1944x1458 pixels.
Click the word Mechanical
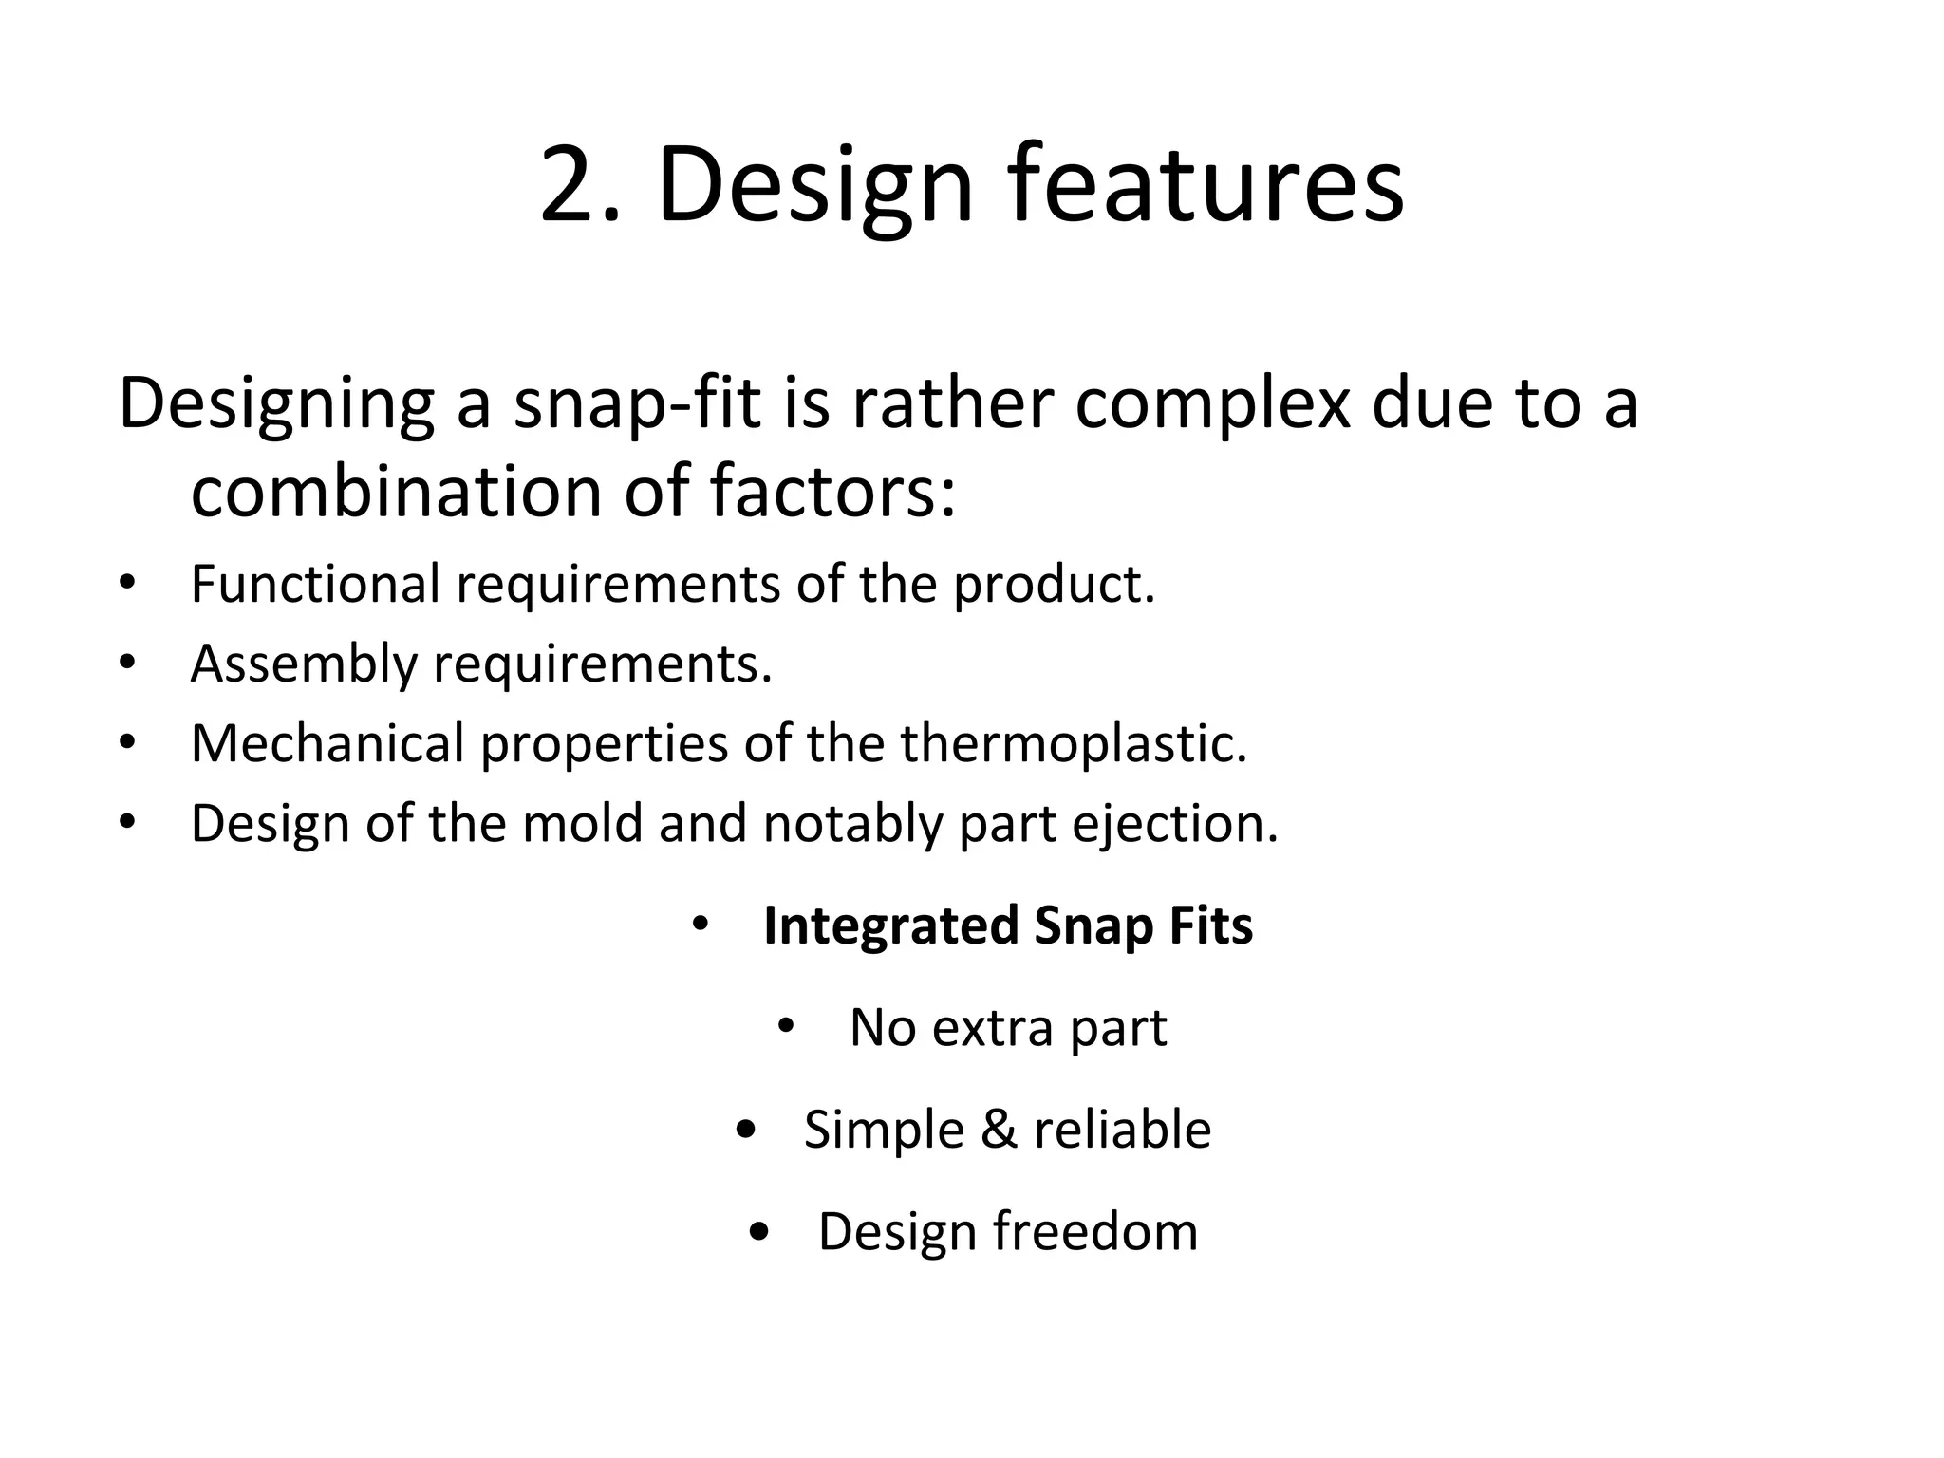click(327, 743)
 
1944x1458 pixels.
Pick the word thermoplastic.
click(1074, 743)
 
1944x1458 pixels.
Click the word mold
click(582, 822)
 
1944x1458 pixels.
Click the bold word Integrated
click(889, 925)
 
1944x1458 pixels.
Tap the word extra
click(992, 1027)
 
